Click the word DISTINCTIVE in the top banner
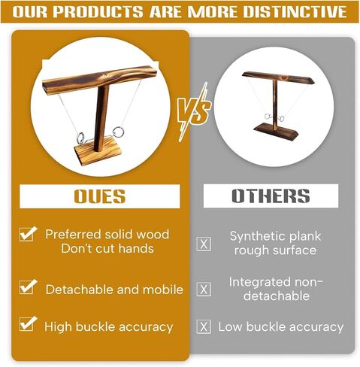tap(295, 11)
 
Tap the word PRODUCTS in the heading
tap(98, 11)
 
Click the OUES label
tap(100, 196)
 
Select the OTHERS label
tap(271, 196)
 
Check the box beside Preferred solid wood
tap(28, 234)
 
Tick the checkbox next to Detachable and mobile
tap(28, 287)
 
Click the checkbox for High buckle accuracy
tap(28, 324)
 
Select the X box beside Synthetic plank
tap(204, 244)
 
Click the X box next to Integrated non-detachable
tap(204, 290)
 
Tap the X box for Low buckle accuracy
tap(204, 326)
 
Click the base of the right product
tap(276, 132)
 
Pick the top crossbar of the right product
tap(278, 77)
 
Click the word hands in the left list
tap(136, 249)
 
